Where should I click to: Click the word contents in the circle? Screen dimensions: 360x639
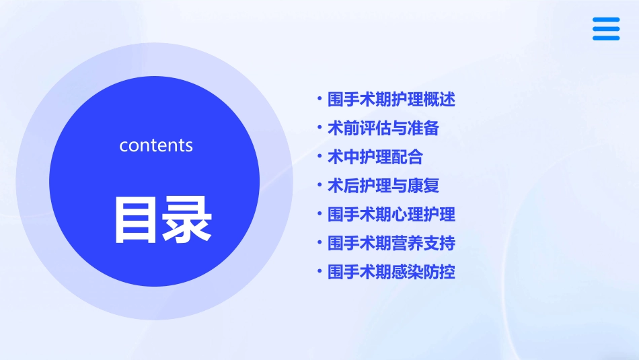pos(156,145)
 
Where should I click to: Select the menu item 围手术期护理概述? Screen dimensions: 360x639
pos(391,100)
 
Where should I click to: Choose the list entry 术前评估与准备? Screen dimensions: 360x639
pos(383,128)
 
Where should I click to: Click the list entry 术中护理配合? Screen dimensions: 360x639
pos(375,157)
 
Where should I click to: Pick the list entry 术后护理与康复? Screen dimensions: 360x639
pos(383,185)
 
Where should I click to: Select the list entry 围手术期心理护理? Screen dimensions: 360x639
pos(391,214)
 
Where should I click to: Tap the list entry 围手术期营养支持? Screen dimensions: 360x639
pos(391,242)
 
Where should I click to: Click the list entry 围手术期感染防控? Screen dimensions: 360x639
pos(391,272)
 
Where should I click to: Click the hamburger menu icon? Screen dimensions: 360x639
pos(606,29)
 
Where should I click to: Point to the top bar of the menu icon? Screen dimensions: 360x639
pos(606,20)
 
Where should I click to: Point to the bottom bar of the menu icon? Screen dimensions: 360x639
pos(606,38)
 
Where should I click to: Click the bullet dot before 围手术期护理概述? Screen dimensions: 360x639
pos(319,100)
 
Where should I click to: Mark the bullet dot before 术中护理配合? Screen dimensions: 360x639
pos(319,157)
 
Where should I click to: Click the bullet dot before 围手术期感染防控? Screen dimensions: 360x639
pos(319,272)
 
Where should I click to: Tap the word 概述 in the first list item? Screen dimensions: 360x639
pos(439,100)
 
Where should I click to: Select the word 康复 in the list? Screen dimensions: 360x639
pos(423,185)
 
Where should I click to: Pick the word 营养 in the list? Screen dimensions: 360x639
pos(407,242)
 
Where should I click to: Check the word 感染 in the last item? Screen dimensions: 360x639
pos(407,272)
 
